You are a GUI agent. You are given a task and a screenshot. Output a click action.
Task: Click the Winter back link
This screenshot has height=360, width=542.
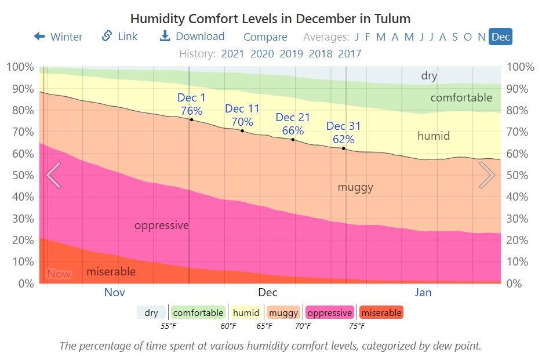point(58,37)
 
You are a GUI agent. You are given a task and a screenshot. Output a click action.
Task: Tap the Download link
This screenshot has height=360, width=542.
point(192,37)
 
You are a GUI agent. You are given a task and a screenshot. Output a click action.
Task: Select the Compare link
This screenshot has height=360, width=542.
point(265,37)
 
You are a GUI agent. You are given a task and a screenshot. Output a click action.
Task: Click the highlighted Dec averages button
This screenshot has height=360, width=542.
point(500,37)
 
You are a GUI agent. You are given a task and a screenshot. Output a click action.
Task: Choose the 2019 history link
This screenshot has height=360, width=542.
point(291,54)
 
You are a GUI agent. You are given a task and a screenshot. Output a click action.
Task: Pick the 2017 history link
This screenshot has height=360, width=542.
point(350,54)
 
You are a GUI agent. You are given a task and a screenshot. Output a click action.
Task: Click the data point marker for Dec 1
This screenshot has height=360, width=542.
point(191,119)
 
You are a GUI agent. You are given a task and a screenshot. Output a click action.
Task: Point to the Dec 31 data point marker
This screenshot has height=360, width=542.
point(344,148)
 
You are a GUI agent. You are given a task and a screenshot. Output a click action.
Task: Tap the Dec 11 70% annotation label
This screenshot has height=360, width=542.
point(242,115)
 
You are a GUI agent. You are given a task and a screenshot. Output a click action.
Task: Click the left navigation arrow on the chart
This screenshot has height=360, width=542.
point(53,175)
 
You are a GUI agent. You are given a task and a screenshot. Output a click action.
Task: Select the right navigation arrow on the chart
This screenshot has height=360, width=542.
point(487,175)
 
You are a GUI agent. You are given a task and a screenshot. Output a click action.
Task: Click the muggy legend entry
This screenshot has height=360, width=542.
point(283,313)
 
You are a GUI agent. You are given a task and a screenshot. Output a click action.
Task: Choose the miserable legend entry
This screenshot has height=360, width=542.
point(381,313)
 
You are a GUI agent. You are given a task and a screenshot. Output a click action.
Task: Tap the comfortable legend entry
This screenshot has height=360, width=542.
point(198,313)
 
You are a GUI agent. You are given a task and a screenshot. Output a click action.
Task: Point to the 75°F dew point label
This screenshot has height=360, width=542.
point(357,326)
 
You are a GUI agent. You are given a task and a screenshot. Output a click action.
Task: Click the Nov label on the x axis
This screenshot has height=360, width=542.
point(115,292)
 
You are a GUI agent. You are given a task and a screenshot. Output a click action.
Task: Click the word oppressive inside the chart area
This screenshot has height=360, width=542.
point(162,225)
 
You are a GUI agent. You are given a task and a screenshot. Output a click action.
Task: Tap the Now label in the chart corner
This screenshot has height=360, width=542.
point(59,274)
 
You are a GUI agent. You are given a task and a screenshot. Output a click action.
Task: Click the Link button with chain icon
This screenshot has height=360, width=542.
point(120,37)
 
